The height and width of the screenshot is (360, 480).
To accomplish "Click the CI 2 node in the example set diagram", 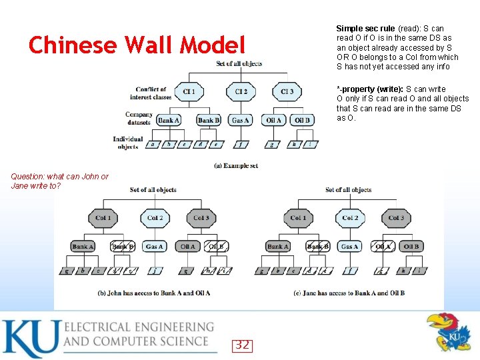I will [x=241, y=91].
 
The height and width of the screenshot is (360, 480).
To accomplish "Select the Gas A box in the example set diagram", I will [x=240, y=121].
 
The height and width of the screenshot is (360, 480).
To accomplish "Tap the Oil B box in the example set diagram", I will [x=302, y=121].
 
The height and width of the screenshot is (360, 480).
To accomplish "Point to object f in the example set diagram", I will [x=240, y=144].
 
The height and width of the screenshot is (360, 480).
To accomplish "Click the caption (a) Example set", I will [x=236, y=165].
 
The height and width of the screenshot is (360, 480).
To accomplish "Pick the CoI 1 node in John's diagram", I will [x=103, y=218].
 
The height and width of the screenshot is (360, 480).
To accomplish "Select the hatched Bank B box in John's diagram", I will [x=122, y=247].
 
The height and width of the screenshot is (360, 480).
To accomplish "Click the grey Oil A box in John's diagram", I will [x=188, y=247].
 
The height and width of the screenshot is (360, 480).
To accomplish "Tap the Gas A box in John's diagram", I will [x=154, y=247].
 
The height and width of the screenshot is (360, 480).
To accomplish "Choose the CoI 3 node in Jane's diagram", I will [x=396, y=218].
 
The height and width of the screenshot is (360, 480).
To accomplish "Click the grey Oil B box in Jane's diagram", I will [x=411, y=247].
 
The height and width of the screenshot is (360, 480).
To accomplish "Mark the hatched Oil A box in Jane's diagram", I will [x=383, y=247].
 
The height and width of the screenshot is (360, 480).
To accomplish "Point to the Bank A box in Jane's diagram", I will [x=278, y=247].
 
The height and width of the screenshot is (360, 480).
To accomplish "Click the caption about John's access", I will [x=154, y=293].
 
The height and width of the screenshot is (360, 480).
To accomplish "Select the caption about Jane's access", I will [x=349, y=293].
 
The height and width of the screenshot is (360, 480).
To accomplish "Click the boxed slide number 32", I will [x=242, y=345].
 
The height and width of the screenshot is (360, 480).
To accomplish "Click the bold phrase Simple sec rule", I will [x=365, y=29].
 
